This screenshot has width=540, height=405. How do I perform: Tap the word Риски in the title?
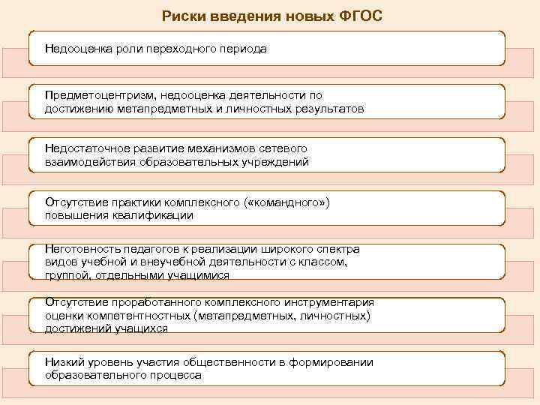pyautogui.click(x=182, y=15)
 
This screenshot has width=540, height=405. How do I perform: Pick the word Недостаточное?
pyautogui.click(x=83, y=148)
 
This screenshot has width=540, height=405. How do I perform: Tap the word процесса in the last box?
pyautogui.click(x=176, y=375)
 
